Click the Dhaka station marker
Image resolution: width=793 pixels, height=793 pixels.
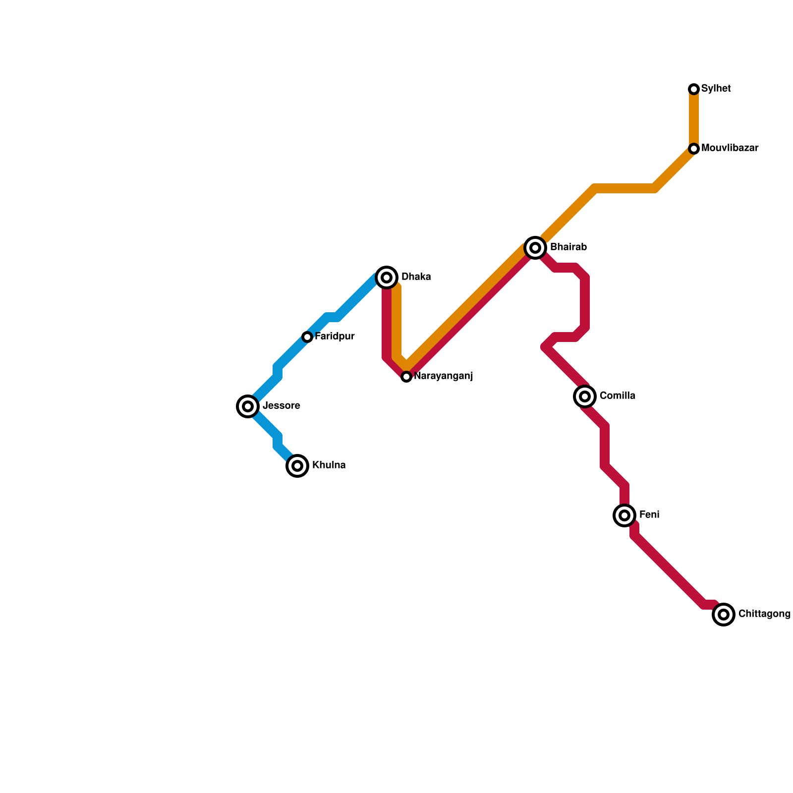pos(387,277)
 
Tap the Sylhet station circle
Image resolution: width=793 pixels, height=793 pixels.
pos(694,89)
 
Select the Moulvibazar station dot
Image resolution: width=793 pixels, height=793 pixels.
pos(694,149)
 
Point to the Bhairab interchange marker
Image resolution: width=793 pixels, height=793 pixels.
pos(535,247)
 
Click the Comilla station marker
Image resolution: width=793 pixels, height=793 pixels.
pos(585,396)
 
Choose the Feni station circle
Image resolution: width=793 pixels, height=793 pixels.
pos(624,515)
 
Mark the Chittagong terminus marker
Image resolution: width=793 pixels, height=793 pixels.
pos(724,615)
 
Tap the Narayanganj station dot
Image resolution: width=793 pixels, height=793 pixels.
pos(406,377)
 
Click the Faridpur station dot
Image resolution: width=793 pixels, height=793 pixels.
pos(307,337)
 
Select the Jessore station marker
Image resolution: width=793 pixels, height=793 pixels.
pos(248,406)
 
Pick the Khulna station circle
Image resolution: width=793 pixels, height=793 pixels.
pos(297,466)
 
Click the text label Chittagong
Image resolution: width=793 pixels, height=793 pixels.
pos(764,614)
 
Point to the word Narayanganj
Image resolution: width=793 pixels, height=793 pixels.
pos(443,376)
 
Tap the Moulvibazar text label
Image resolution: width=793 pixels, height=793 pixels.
pos(730,148)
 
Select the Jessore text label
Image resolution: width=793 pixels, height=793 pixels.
pos(281,406)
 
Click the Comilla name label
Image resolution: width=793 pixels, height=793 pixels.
pos(617,396)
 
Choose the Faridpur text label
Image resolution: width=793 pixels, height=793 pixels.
pos(335,337)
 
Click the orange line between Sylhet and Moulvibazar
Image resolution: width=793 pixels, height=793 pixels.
pos(694,119)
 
